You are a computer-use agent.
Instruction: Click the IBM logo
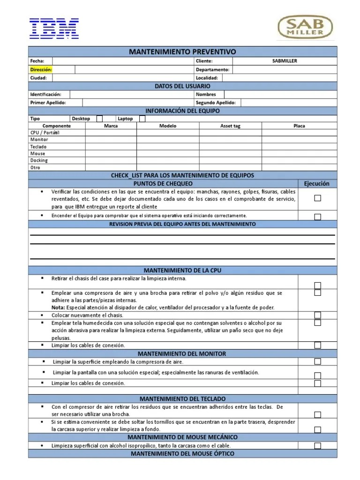coord(54,28)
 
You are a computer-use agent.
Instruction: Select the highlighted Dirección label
coord(41,69)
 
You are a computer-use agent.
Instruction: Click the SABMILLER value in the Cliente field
coord(285,61)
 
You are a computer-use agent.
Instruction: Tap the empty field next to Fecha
coord(122,61)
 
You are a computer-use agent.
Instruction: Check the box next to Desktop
coord(99,119)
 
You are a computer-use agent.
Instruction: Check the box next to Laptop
coord(142,119)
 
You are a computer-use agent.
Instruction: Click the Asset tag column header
coord(230,126)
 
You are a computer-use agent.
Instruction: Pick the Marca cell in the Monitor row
coord(111,140)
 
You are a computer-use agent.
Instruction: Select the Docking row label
coord(39,160)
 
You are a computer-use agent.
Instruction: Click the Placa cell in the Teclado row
coord(299,147)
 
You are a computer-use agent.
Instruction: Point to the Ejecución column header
coord(317,184)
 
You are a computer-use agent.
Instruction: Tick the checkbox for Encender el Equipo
coord(317,217)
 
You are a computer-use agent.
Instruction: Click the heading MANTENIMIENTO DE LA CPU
coord(182,270)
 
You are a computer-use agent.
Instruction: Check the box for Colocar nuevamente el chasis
coord(317,315)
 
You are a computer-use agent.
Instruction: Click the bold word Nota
coord(58,307)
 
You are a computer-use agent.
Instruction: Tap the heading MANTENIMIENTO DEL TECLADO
coord(182,398)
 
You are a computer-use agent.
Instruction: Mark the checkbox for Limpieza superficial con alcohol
coord(317,446)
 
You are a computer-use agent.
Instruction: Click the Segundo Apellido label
coord(216,103)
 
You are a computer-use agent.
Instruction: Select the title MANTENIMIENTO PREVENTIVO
coord(182,52)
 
